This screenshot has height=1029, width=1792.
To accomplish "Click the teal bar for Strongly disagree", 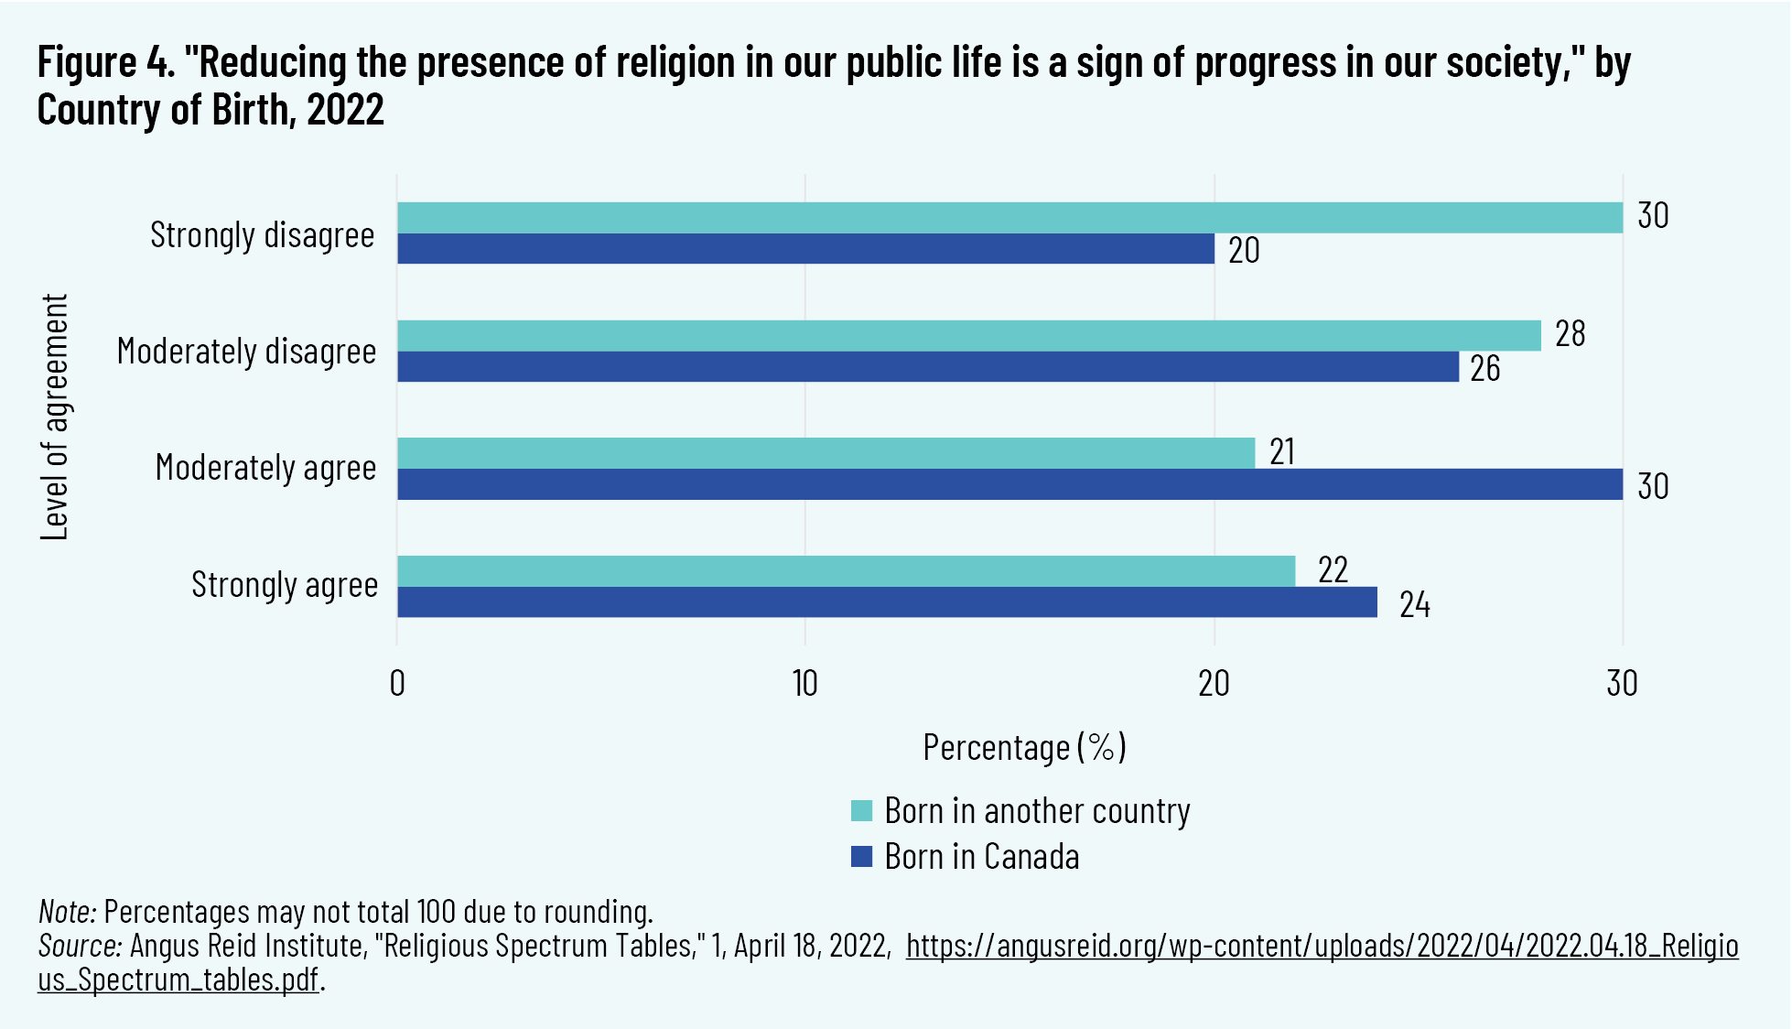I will [1009, 218].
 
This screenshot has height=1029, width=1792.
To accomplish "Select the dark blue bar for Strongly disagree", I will [805, 249].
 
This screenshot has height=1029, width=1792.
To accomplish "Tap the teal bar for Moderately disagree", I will [968, 336].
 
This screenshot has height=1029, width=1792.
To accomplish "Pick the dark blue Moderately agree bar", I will [1009, 484].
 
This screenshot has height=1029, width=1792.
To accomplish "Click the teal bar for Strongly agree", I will [846, 571].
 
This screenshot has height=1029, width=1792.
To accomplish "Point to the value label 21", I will [1282, 452].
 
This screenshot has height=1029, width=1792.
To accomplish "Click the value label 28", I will [1570, 334].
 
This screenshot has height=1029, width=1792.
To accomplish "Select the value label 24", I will [1414, 605].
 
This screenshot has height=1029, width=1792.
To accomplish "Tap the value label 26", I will [1484, 369].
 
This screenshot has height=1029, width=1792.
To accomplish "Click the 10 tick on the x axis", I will [804, 684].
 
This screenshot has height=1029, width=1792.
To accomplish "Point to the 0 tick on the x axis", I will [397, 684].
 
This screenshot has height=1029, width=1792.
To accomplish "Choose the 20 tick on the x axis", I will [1214, 684].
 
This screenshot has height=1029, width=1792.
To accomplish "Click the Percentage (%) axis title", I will [1024, 748].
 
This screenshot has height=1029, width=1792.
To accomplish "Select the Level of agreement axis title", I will [55, 417].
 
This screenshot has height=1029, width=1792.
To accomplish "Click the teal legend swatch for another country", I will [861, 811].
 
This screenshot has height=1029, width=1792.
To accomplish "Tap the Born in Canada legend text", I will [981, 857].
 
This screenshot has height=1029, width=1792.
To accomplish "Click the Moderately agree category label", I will [265, 468].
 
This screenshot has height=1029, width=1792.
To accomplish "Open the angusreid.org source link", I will [1322, 946].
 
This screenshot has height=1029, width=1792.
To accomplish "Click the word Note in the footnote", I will [67, 912].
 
